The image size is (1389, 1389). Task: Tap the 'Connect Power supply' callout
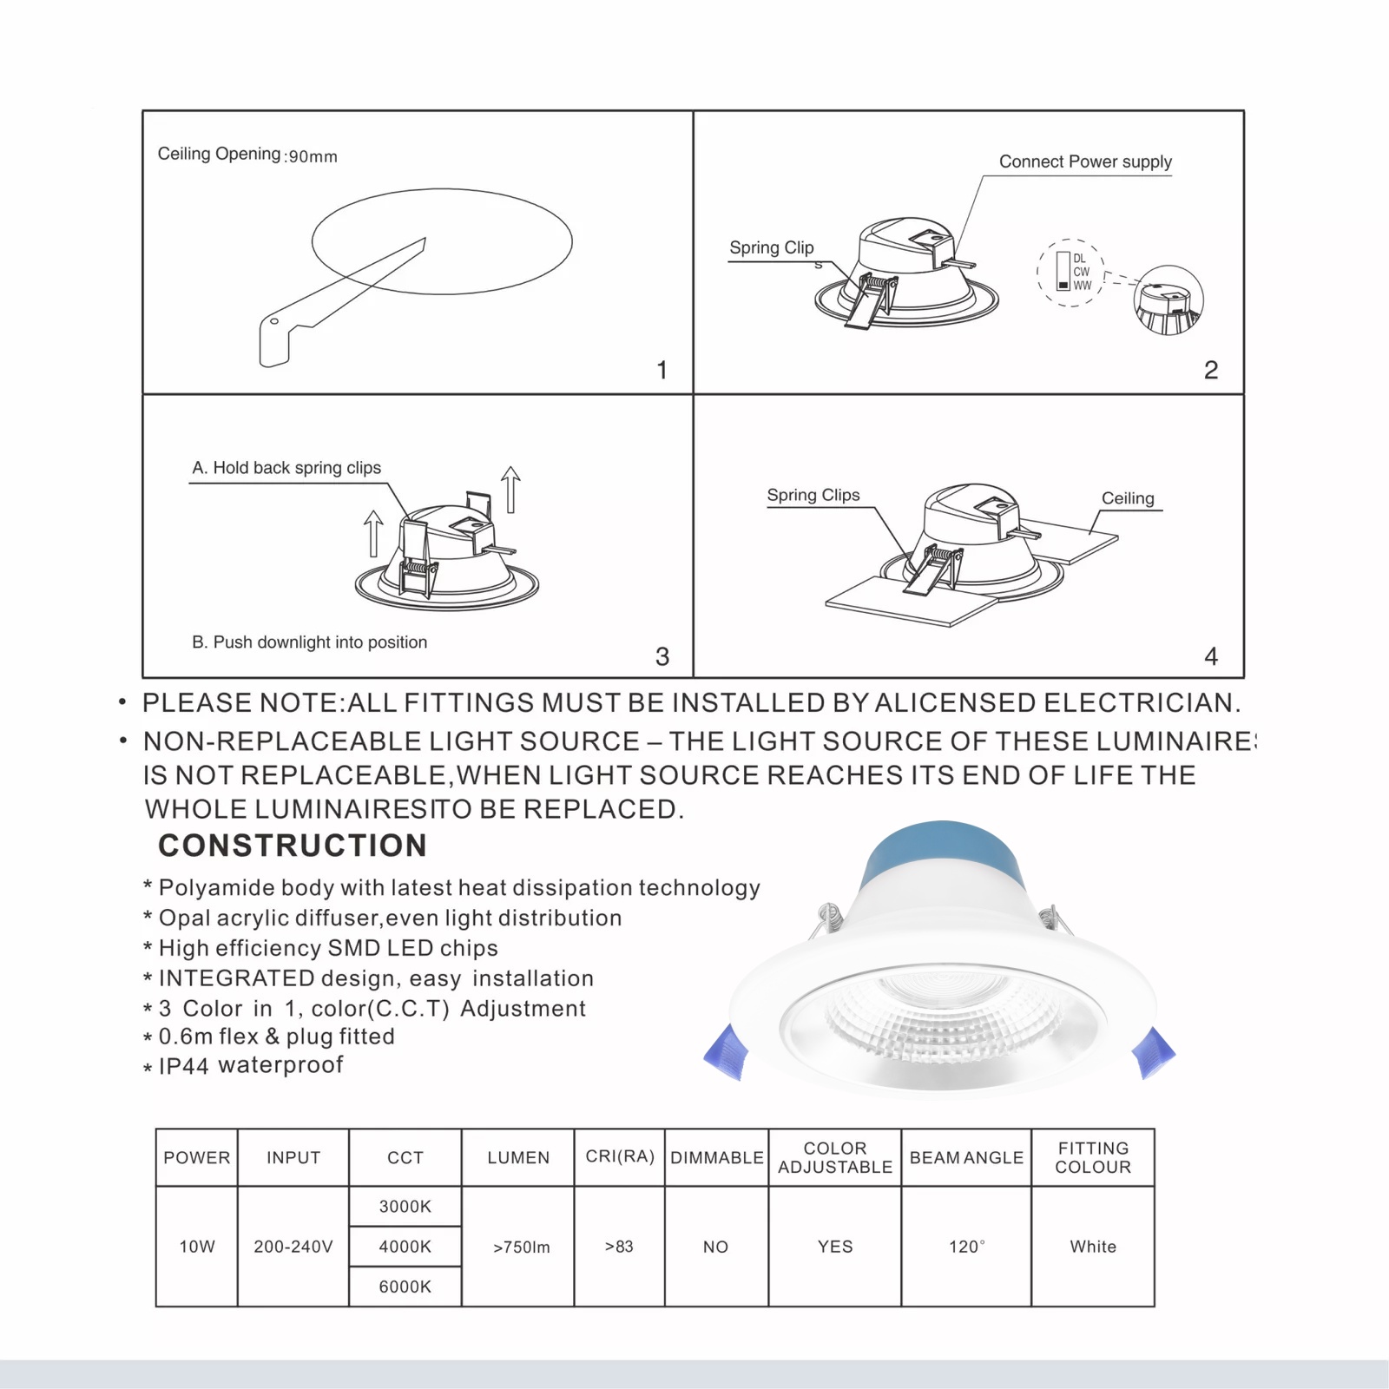pos(1085,161)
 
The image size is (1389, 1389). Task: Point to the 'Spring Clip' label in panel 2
pos(771,247)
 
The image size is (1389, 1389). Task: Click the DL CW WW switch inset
pos(1071,273)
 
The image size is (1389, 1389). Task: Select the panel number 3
pos(662,656)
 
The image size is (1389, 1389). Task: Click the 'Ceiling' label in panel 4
pos(1128,498)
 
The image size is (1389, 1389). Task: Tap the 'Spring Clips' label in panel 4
pos(813,495)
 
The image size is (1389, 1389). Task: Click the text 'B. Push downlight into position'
pos(309,642)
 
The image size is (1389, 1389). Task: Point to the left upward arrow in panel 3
pos(373,532)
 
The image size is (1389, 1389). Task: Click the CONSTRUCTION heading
pos(293,846)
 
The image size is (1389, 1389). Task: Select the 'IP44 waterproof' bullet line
pos(250,1065)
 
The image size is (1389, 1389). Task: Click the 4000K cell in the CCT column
pos(405,1247)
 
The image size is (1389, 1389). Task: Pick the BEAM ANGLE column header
pos(966,1157)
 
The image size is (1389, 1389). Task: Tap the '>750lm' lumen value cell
pos(521,1247)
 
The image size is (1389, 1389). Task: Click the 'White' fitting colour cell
pos(1093,1247)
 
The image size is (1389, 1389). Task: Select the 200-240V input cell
pos(293,1247)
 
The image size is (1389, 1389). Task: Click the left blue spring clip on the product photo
pos(727,1052)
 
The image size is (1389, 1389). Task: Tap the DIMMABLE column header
pos(717,1157)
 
